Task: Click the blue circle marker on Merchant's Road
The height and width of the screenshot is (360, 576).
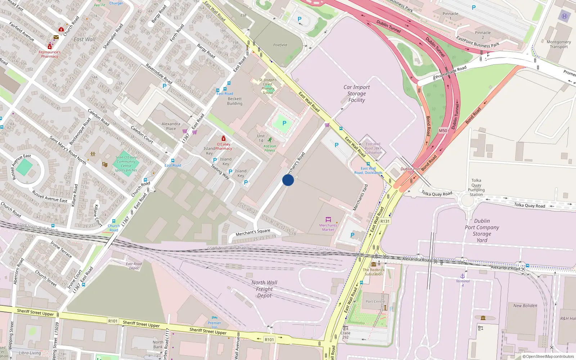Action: coord(288,180)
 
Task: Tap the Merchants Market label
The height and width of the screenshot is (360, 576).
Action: coord(328,228)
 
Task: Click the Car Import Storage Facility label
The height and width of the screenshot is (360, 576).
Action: coord(356,94)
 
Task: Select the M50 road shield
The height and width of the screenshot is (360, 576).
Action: coord(443,131)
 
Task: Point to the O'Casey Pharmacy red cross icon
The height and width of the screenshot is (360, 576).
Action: coord(224,138)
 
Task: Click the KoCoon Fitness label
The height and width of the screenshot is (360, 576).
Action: coord(270,148)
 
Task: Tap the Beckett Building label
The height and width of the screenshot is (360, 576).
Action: coord(235,101)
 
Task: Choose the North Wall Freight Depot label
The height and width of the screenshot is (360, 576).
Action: coord(264,289)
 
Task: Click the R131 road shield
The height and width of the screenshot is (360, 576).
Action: coord(385,221)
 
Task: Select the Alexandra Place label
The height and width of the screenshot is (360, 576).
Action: coord(171,126)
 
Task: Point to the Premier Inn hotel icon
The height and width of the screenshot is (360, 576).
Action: coord(215,318)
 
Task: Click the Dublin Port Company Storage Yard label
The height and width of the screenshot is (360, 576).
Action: coord(482,230)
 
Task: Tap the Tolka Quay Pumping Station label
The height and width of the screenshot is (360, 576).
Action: coord(476,188)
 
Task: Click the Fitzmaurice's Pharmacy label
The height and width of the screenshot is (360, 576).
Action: coord(50,54)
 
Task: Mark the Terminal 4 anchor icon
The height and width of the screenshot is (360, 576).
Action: coord(463,276)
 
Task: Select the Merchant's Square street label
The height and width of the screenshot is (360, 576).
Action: coord(253,232)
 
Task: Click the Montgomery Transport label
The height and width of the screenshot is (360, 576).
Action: coord(559,44)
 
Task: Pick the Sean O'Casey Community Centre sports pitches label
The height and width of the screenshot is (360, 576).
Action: coord(126,164)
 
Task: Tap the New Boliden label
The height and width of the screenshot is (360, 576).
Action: coord(525,306)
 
